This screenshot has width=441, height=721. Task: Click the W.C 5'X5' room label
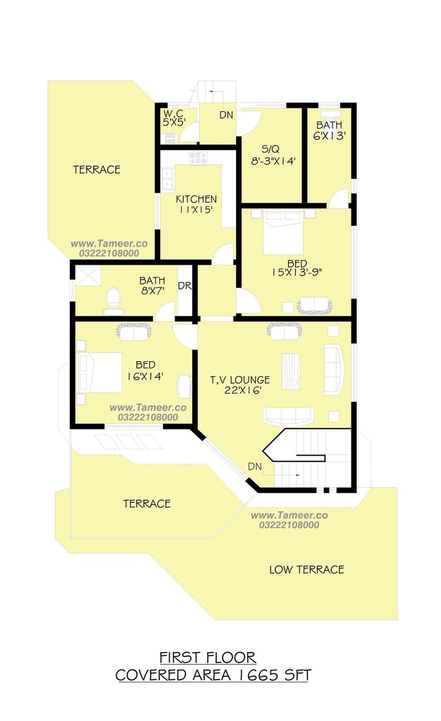[174, 118]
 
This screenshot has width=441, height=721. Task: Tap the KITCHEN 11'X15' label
[197, 204]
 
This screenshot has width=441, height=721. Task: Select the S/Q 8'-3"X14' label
[273, 155]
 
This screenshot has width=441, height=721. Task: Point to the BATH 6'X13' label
[329, 130]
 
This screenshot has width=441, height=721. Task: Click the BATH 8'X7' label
[152, 286]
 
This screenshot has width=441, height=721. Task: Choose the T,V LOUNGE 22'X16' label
[240, 385]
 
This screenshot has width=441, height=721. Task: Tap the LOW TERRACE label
[306, 570]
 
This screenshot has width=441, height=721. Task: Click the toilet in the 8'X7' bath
[113, 301]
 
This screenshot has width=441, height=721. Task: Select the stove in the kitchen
[198, 158]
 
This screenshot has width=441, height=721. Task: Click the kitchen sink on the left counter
[168, 179]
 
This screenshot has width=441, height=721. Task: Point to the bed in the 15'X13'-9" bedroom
[282, 232]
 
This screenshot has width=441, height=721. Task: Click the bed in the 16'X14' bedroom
[100, 372]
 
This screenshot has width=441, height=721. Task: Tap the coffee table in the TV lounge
[291, 372]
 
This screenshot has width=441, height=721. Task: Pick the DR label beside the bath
[185, 286]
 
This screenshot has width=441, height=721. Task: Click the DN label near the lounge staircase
[255, 466]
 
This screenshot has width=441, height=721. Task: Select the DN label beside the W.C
[226, 115]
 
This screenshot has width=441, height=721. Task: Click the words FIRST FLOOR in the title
[208, 658]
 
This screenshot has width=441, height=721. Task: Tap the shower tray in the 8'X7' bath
[88, 276]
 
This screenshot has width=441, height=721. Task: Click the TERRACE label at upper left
[97, 170]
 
